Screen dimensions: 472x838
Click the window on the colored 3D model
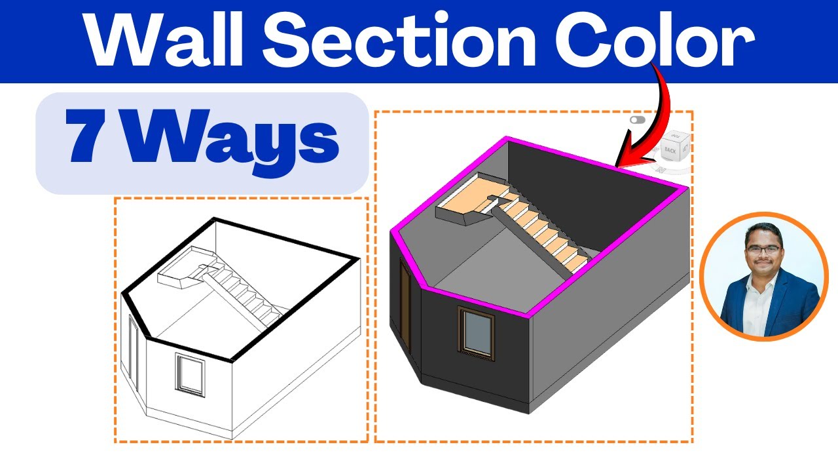pos(477,333)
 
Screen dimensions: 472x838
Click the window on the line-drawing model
pos(190,374)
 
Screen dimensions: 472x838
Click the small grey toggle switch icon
pos(637,120)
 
